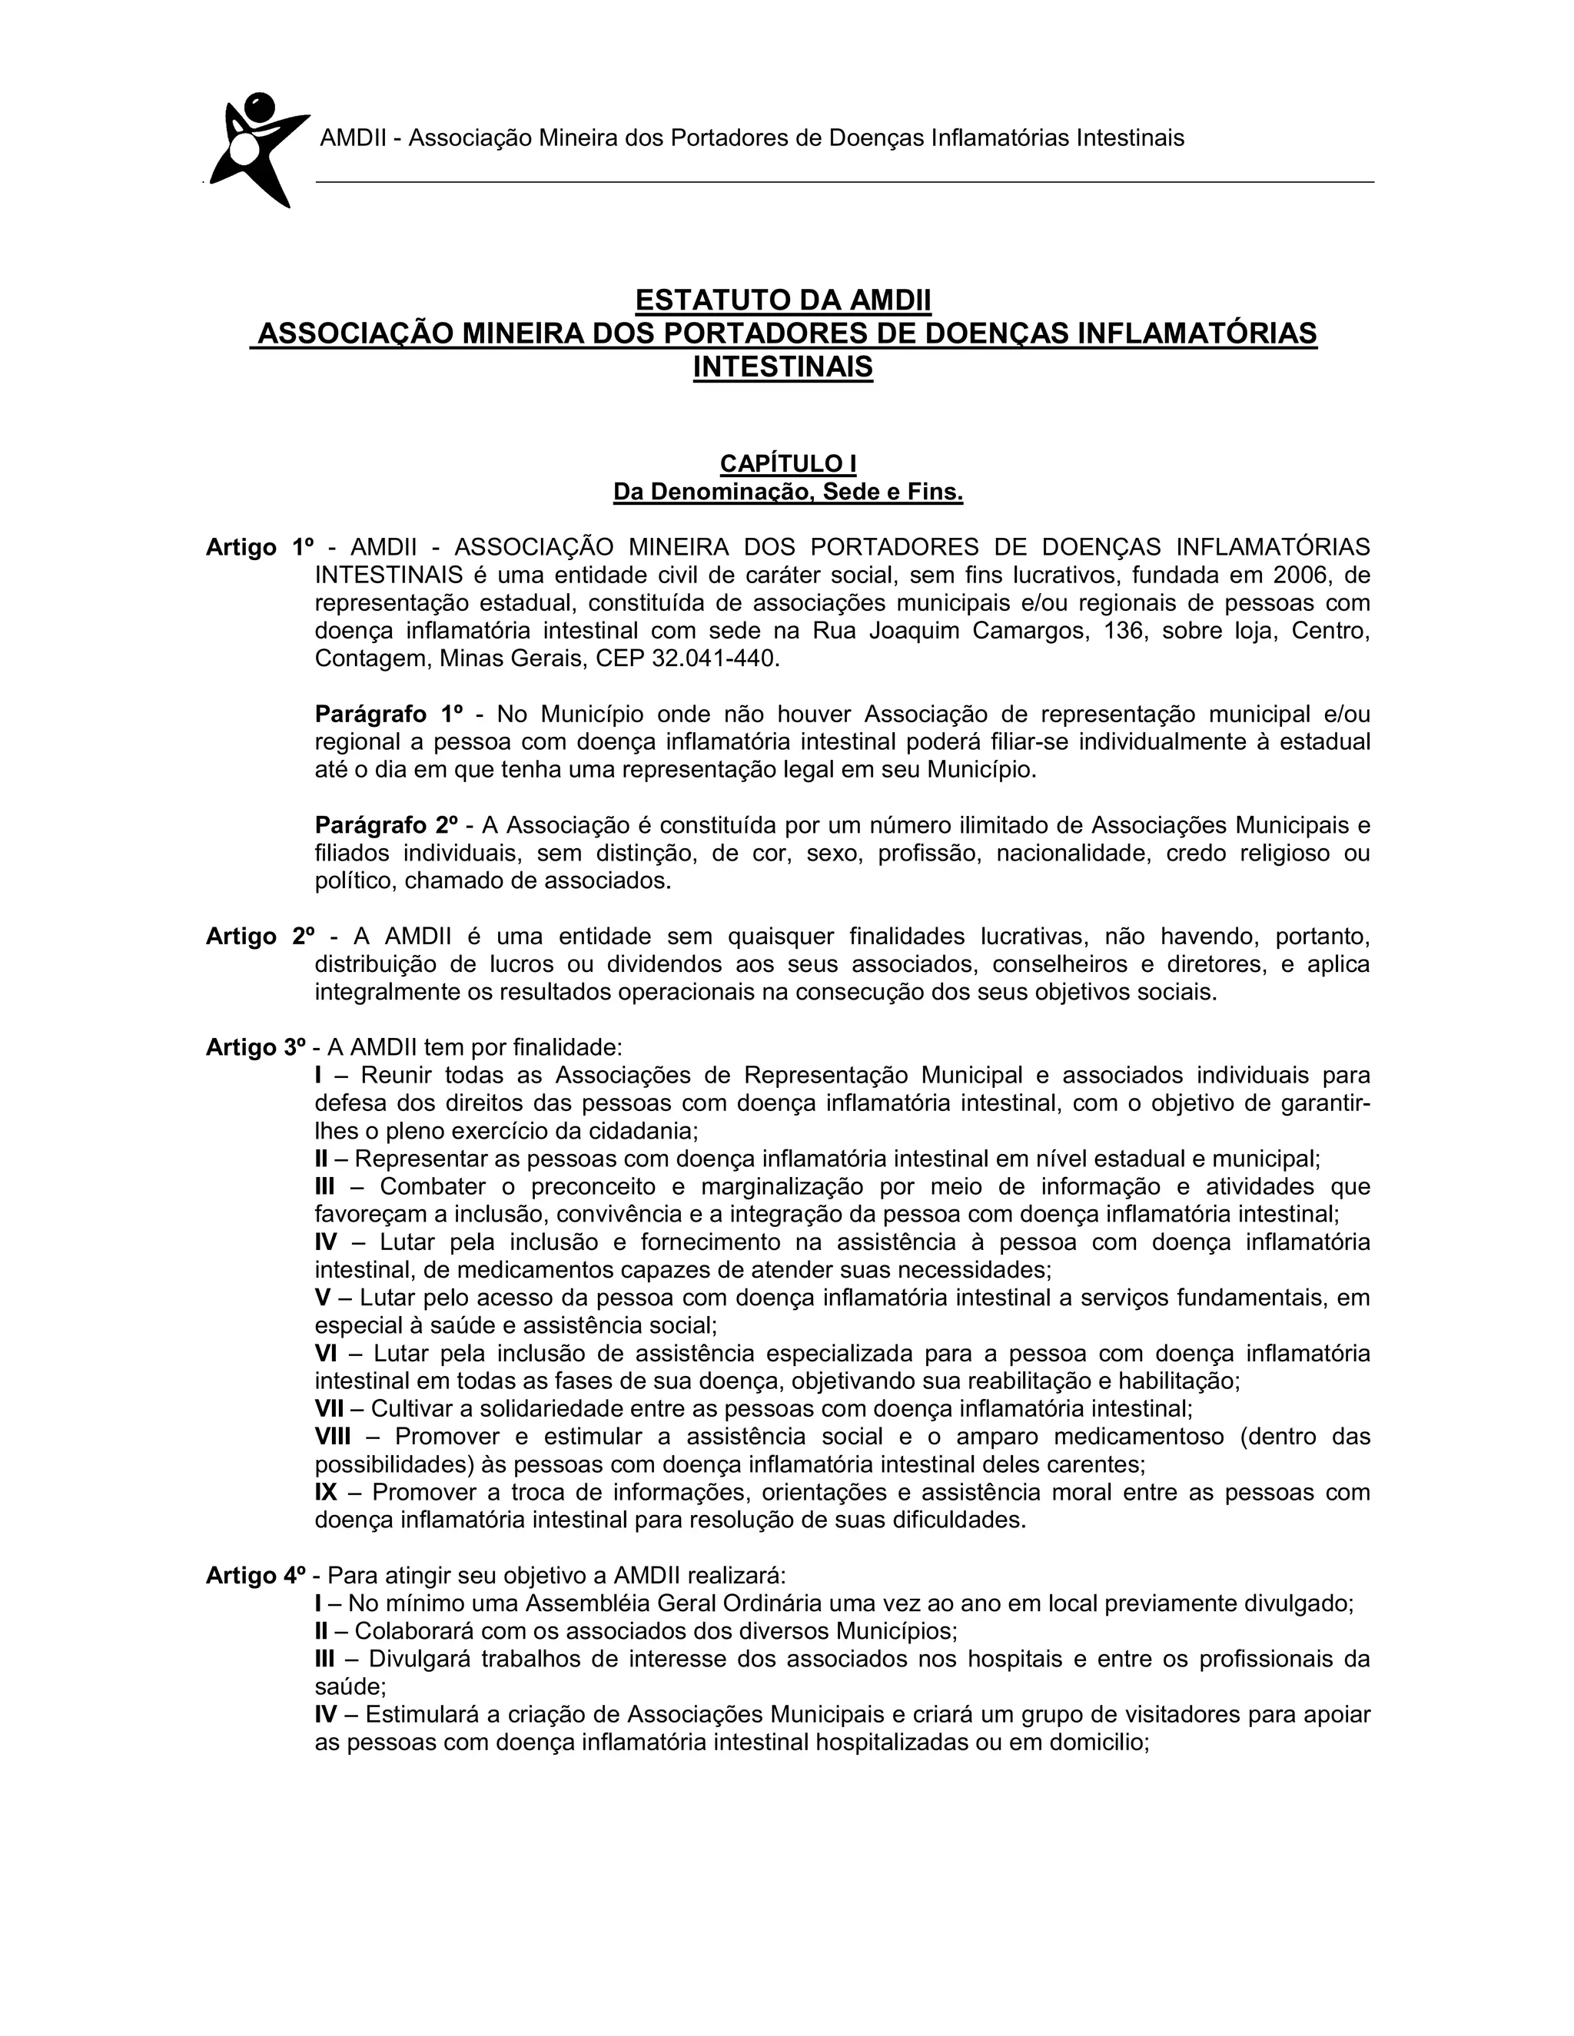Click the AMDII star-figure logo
click(254, 149)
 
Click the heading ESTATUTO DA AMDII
click(783, 300)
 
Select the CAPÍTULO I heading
click(788, 463)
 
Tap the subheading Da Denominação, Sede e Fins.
click(788, 491)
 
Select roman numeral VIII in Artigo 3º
click(333, 1437)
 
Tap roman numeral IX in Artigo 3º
click(327, 1493)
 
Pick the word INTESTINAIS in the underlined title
click(783, 366)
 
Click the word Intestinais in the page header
click(1130, 138)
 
